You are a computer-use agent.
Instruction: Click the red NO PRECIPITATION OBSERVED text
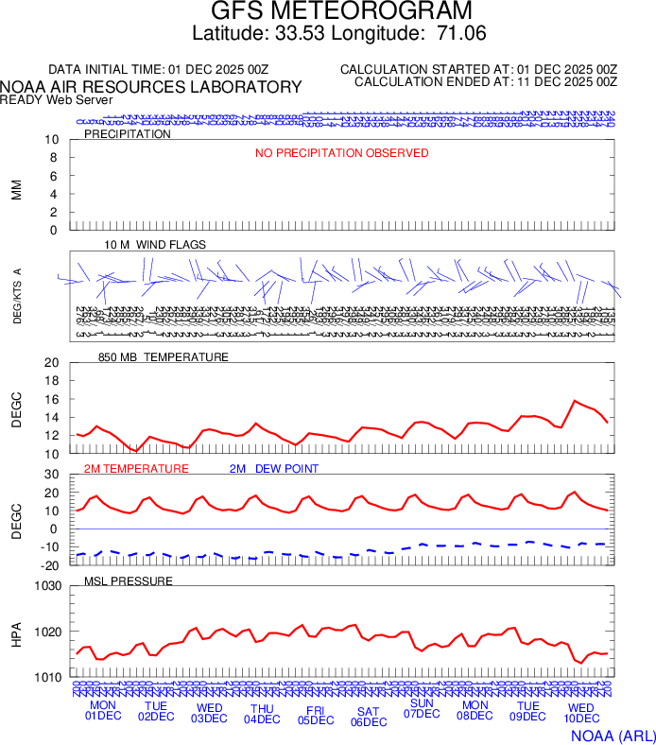click(x=341, y=153)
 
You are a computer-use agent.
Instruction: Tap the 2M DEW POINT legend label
click(x=274, y=469)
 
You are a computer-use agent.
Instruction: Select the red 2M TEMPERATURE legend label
click(x=136, y=469)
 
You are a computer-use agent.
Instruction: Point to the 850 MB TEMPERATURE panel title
click(x=163, y=357)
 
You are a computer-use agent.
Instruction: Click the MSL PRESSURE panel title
click(x=129, y=580)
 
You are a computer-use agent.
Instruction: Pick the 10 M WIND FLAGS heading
click(x=155, y=245)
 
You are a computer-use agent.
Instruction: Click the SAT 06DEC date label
click(x=369, y=717)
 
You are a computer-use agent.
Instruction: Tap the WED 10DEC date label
click(x=580, y=712)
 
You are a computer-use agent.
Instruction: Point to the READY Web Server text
click(x=57, y=100)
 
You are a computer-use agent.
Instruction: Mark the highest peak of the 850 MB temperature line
click(x=575, y=401)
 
